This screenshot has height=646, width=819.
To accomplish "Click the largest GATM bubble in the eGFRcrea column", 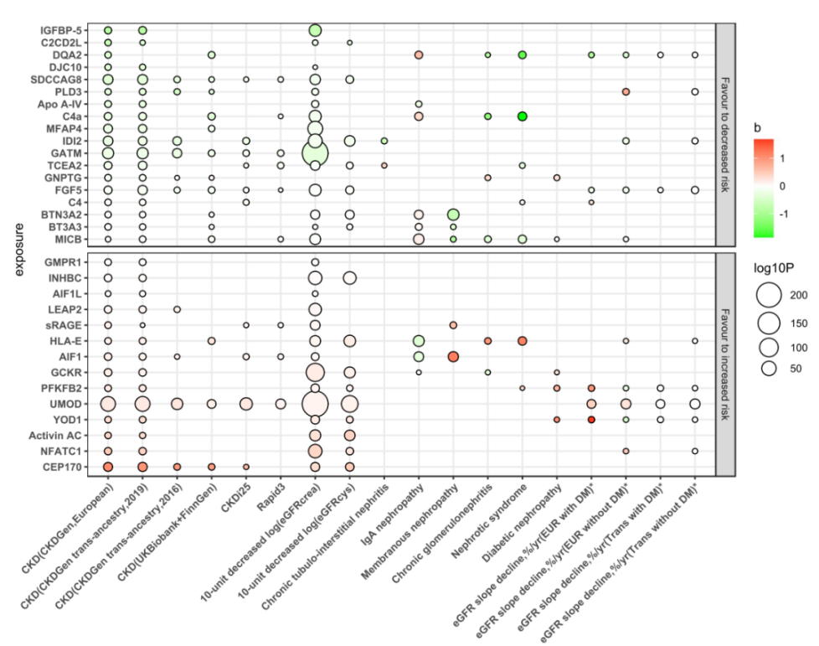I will [x=315, y=153].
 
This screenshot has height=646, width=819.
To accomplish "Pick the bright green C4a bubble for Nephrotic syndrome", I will [x=522, y=116].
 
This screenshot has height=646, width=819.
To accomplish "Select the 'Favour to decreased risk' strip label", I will [x=725, y=133].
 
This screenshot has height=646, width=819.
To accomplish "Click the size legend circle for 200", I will [x=769, y=295].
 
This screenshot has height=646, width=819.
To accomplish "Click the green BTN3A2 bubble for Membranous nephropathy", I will [x=453, y=215].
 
